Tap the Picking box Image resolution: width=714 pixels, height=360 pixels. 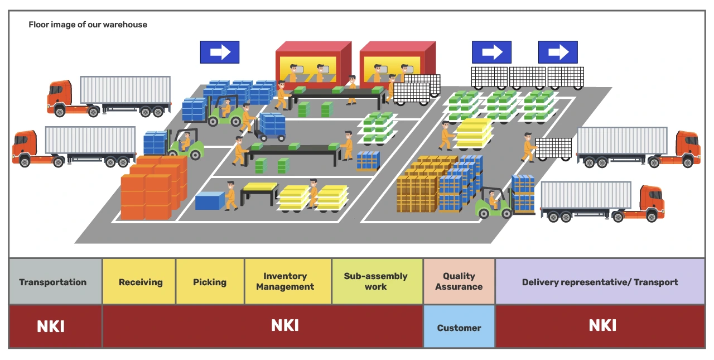[x=210, y=281]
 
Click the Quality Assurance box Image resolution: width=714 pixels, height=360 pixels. [x=459, y=281]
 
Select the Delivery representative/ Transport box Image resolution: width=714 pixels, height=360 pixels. [x=600, y=281]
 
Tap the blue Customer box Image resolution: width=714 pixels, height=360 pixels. [x=459, y=327]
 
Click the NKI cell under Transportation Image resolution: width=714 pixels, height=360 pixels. [x=55, y=326]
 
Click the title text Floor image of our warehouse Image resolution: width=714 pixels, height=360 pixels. [x=88, y=25]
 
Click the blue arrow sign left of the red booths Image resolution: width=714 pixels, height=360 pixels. [x=220, y=52]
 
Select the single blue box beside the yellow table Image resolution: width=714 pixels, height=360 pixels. [x=210, y=200]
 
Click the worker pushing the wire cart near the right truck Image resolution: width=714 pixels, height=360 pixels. [x=528, y=147]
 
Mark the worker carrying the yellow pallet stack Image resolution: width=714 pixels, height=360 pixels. [x=446, y=136]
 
